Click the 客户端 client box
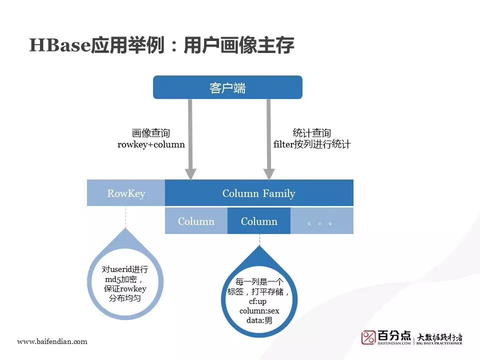227,87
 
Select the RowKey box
126,193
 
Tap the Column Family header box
259,193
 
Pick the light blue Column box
196,221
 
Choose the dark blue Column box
259,221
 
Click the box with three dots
321,221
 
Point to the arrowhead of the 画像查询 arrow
190,173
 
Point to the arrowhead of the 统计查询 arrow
269,173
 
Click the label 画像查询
151,133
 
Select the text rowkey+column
151,144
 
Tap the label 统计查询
311,133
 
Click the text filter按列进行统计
311,144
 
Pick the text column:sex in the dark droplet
259,311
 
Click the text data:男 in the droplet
259,321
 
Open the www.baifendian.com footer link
52,341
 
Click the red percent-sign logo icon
369,337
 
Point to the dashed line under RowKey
126,217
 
